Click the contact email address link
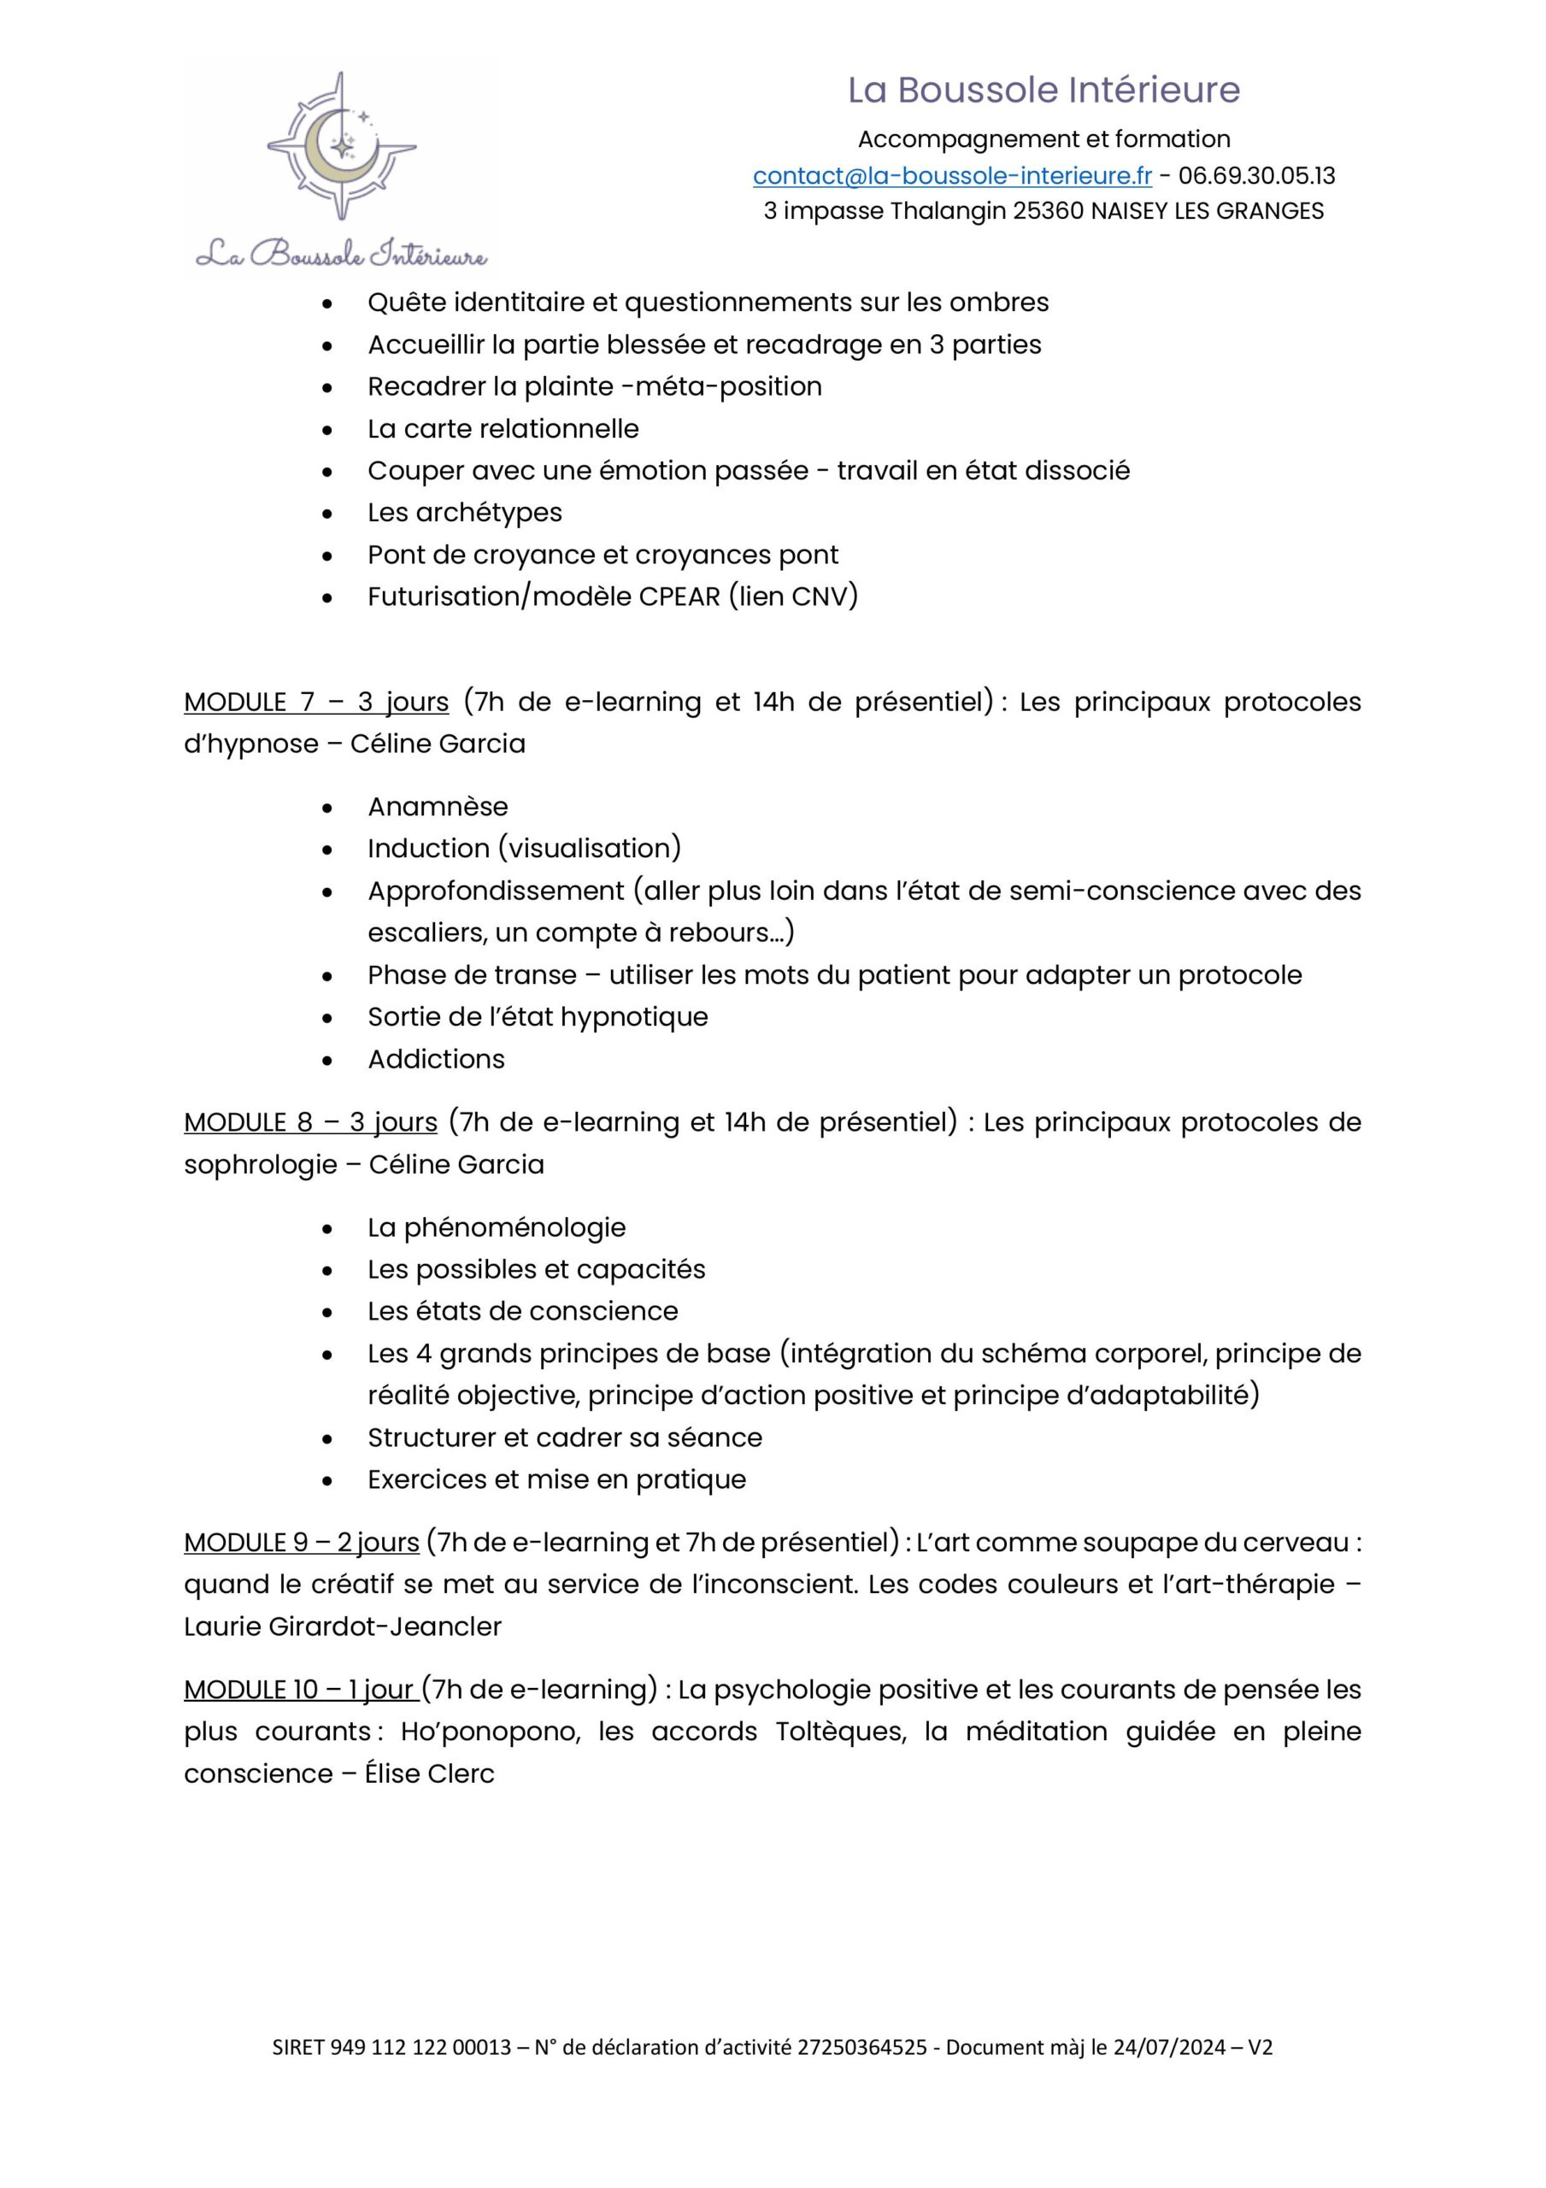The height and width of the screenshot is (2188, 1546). (951, 176)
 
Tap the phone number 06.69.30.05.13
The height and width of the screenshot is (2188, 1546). (1256, 176)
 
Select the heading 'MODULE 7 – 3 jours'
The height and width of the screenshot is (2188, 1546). (315, 703)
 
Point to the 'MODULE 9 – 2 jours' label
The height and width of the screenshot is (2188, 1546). (301, 1543)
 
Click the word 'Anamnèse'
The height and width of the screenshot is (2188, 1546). (438, 807)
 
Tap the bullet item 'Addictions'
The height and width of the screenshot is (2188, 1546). (436, 1060)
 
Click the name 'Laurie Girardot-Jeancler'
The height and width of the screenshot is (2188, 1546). (342, 1626)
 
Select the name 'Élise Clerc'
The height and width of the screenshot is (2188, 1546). (429, 1773)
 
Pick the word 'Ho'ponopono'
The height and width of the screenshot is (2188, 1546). (490, 1732)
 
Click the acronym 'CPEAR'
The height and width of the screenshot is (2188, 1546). (679, 597)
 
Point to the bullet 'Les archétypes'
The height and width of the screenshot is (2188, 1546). (464, 513)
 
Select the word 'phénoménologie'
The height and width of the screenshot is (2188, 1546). (514, 1228)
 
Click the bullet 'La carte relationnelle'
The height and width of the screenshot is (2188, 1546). (503, 429)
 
